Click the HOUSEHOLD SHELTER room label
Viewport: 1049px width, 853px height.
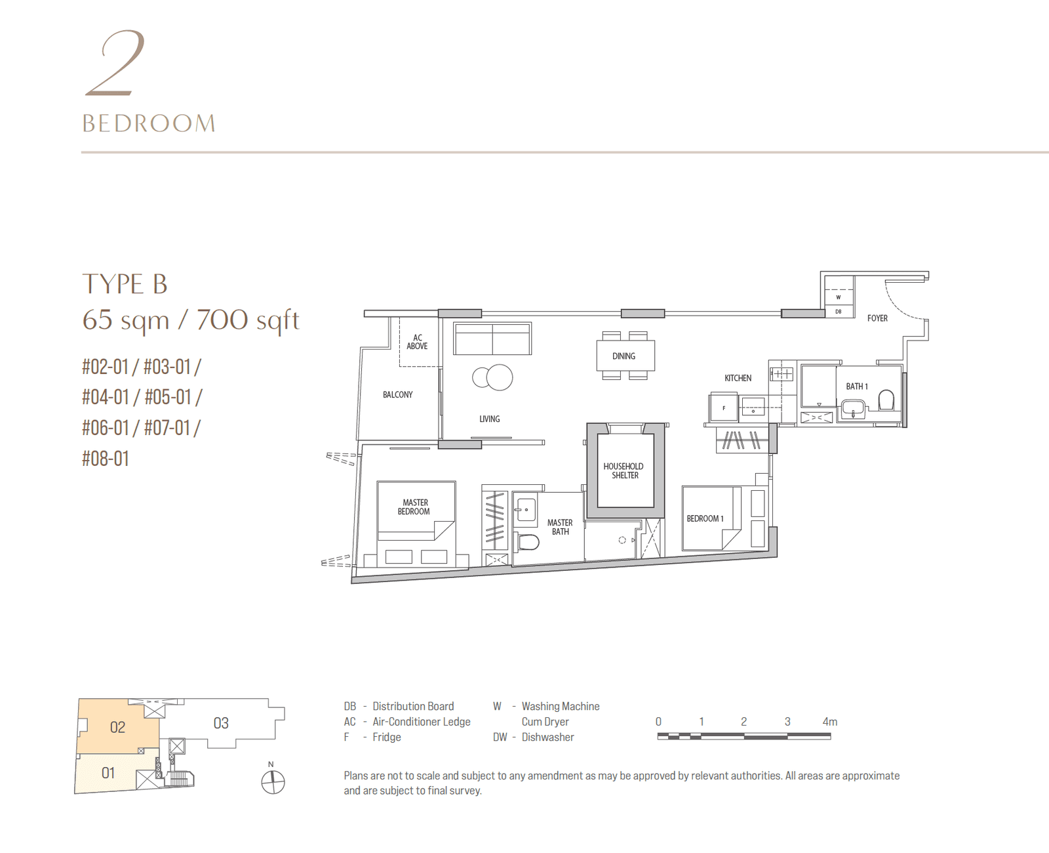click(623, 471)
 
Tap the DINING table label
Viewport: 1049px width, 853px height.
click(623, 356)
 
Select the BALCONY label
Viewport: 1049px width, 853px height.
click(397, 395)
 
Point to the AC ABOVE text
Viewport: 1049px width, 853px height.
click(417, 342)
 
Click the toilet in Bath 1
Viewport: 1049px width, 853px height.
click(886, 400)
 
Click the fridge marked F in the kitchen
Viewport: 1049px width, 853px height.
click(724, 408)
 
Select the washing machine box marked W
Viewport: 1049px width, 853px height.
click(838, 297)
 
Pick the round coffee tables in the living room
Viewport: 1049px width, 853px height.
click(493, 377)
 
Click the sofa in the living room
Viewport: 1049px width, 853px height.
click(492, 339)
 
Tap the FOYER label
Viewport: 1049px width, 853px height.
click(877, 318)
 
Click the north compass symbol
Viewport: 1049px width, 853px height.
click(273, 781)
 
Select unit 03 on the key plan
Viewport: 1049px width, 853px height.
click(221, 723)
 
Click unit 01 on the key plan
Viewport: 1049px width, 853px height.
click(108, 773)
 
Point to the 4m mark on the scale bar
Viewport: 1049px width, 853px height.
click(829, 722)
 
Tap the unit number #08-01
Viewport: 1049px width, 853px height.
click(106, 459)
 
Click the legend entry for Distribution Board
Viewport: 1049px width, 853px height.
click(399, 706)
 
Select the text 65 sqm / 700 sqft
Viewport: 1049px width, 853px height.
click(191, 320)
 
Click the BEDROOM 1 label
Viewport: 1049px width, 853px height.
click(705, 518)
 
